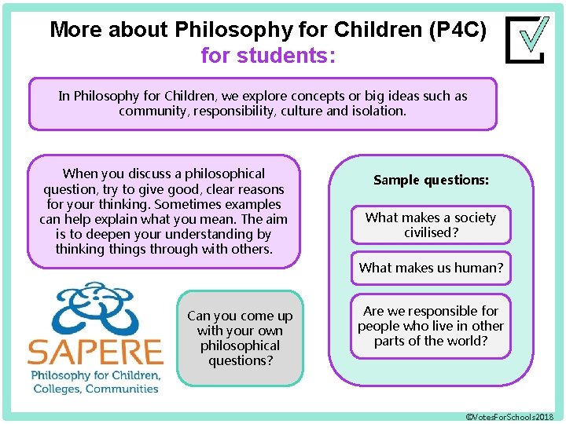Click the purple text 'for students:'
(x=268, y=56)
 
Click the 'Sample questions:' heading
(x=431, y=180)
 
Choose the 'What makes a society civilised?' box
(x=431, y=225)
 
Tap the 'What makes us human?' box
(x=431, y=268)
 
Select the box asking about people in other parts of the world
(x=431, y=326)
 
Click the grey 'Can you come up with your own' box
(x=240, y=338)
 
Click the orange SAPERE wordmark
(x=95, y=350)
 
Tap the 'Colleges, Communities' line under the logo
(x=95, y=389)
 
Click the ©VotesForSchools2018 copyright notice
(x=510, y=415)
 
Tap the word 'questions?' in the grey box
(x=240, y=361)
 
